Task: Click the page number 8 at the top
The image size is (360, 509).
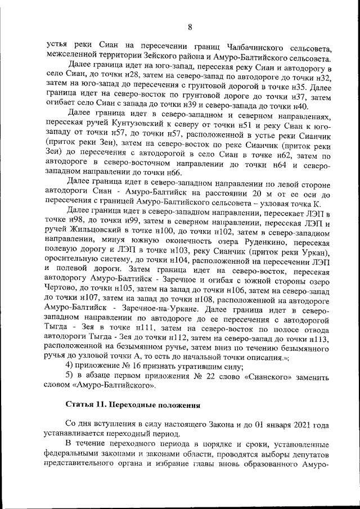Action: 190,27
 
